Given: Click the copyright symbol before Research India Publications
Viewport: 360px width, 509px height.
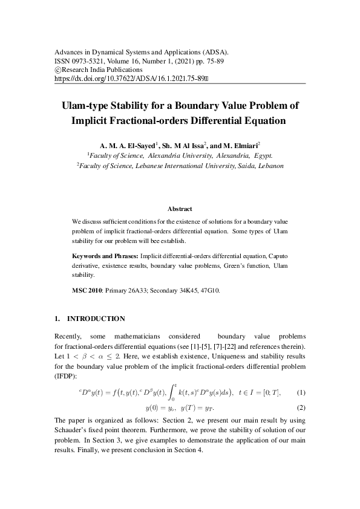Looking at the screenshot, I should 57,70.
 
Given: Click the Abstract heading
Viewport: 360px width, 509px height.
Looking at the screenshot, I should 180,209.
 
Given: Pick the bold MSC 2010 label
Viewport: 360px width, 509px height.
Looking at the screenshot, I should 87,291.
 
